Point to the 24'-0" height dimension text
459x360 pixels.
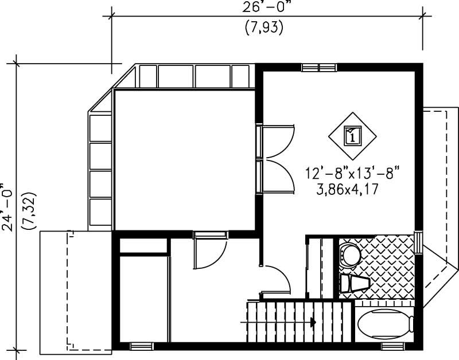(7, 206)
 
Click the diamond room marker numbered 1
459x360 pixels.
(352, 136)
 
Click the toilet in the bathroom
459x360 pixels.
(349, 255)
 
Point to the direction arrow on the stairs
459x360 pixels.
(313, 322)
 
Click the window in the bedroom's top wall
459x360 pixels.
(319, 67)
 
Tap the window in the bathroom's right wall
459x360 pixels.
(418, 241)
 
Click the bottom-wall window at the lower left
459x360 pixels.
(141, 346)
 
